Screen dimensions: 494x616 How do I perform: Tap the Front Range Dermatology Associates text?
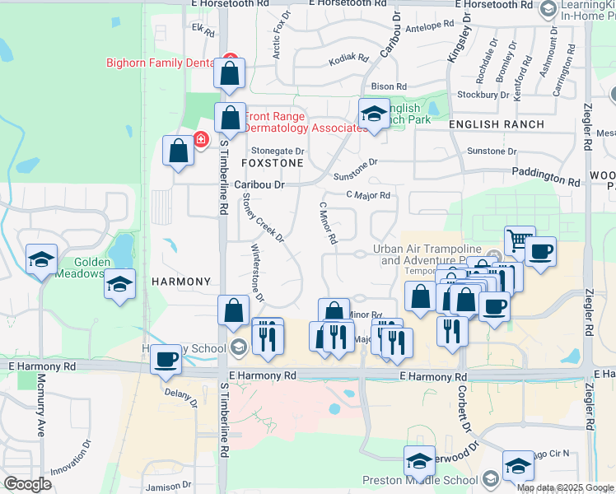point(305,122)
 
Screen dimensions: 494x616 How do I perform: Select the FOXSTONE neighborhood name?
point(272,164)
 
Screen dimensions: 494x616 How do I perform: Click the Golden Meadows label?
point(82,268)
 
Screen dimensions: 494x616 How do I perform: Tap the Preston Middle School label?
point(420,481)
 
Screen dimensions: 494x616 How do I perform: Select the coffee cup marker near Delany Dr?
point(166,359)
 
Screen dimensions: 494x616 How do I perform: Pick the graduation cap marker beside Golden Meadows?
point(120,284)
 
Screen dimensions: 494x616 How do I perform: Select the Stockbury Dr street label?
point(483,95)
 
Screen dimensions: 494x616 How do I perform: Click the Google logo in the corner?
point(28,484)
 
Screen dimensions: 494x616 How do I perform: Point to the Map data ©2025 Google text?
point(564,487)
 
